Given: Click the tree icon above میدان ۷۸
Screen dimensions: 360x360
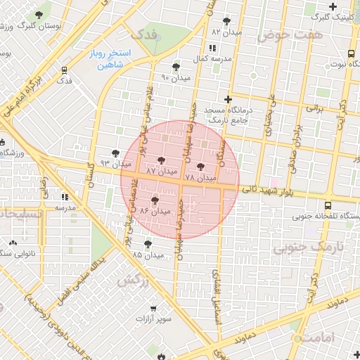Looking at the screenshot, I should [202, 167].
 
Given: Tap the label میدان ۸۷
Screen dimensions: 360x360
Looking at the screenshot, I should [161, 172].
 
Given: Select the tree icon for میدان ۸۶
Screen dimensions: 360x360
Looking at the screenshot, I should [155, 201].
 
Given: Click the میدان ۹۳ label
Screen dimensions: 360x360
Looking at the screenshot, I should [115, 163].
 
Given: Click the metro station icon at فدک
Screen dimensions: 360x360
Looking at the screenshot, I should [65, 70].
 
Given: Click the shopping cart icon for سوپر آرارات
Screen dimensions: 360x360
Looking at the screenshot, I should [163, 308].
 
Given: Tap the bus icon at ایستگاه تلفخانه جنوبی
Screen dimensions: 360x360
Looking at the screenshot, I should [328, 207].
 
